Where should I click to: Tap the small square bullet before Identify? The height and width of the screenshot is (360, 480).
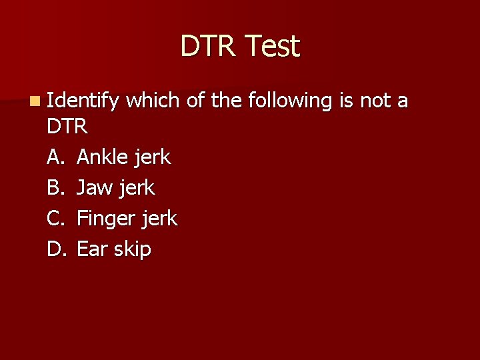click(34, 101)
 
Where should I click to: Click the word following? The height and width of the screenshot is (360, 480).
click(290, 101)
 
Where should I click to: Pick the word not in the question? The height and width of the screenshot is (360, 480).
click(376, 101)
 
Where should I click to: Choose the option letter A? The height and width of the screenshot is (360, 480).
click(55, 157)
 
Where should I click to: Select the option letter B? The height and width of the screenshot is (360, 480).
click(55, 188)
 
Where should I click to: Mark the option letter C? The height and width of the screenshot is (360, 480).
click(55, 219)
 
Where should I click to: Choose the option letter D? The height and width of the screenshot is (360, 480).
click(55, 249)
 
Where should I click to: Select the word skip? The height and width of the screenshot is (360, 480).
click(132, 250)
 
